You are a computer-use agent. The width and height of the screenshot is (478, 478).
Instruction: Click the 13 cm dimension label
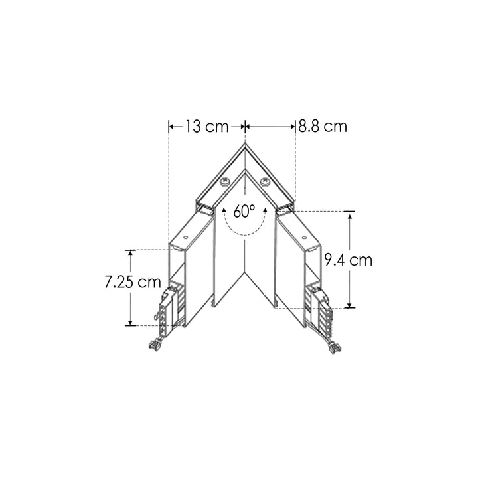(206, 126)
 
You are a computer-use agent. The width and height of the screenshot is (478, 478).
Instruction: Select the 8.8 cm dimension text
(323, 126)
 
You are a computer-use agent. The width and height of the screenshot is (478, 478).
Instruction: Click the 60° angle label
(244, 212)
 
